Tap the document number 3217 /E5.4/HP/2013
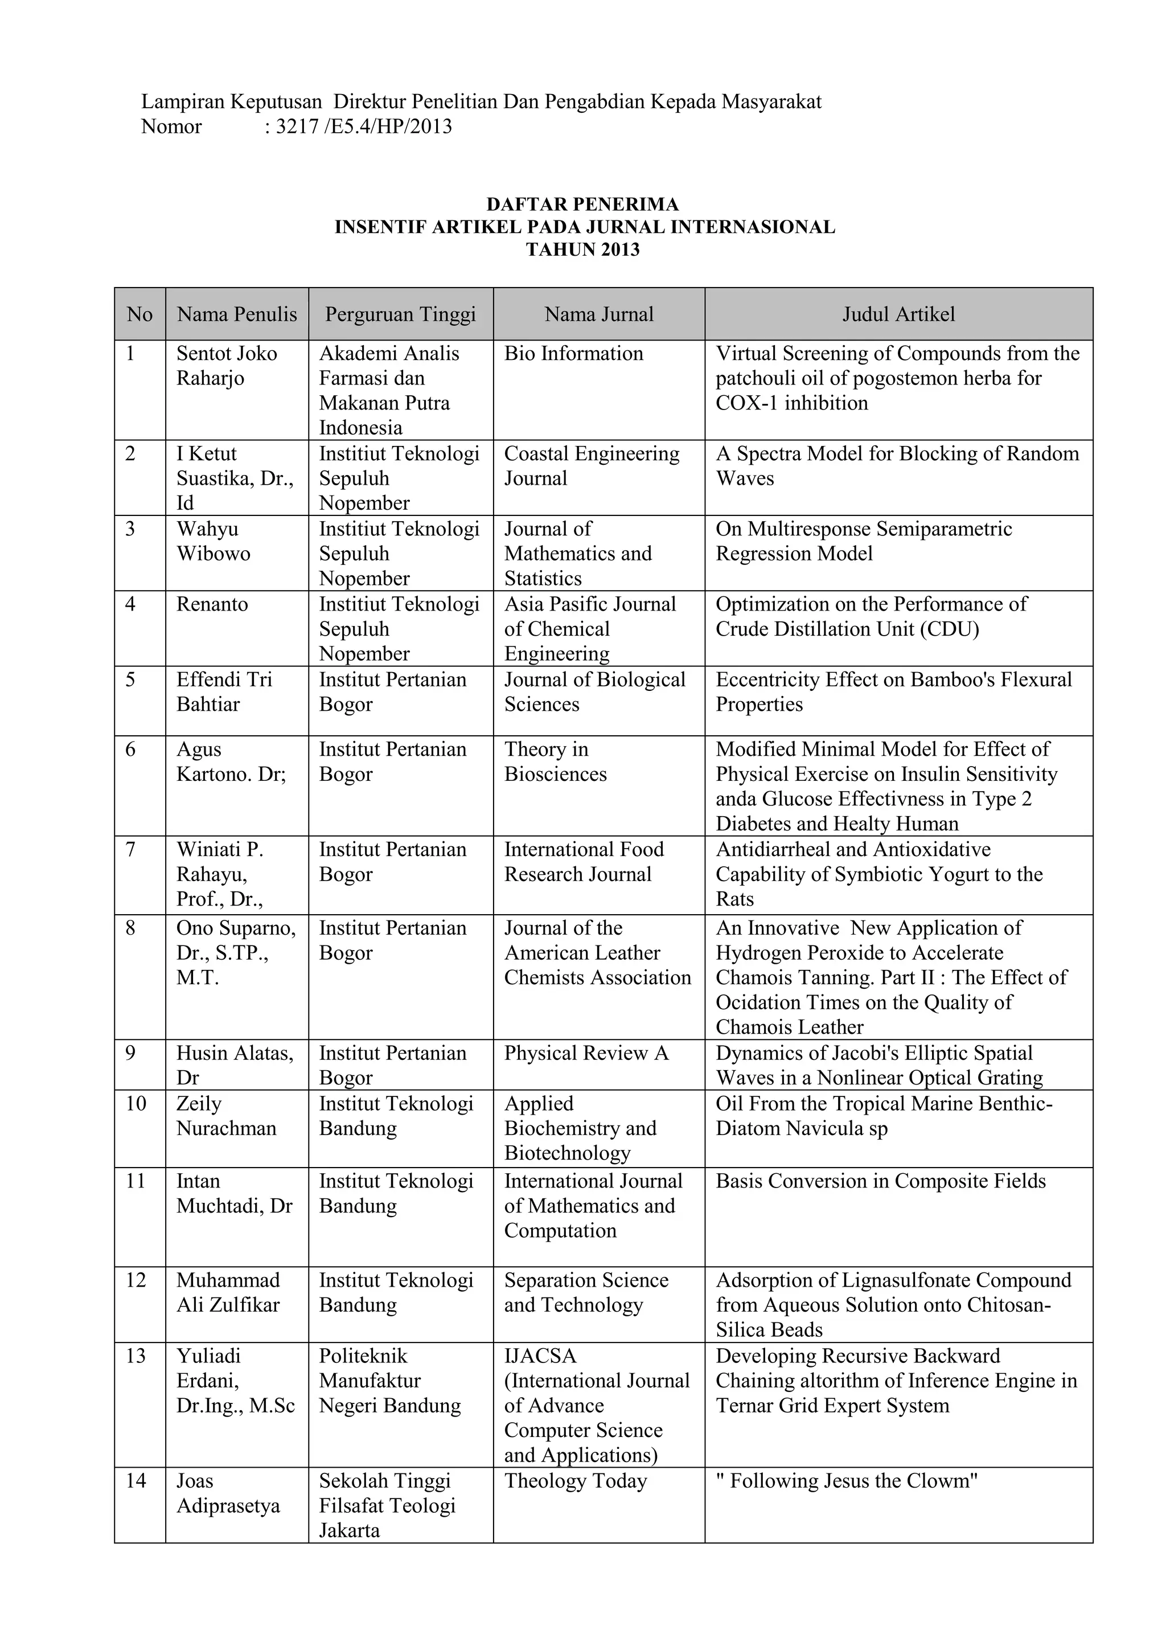pyautogui.click(x=364, y=126)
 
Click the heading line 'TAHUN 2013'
pyautogui.click(x=582, y=249)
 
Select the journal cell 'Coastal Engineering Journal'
pyautogui.click(x=592, y=466)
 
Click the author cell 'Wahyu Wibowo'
pyautogui.click(x=214, y=541)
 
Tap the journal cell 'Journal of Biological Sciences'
pyautogui.click(x=594, y=691)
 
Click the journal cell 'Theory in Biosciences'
pyautogui.click(x=555, y=761)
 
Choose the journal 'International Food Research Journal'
pyautogui.click(x=584, y=862)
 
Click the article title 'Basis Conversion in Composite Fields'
pyautogui.click(x=880, y=1181)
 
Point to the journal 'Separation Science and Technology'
pyautogui.click(x=585, y=1292)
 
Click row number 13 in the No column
pyautogui.click(x=135, y=1356)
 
